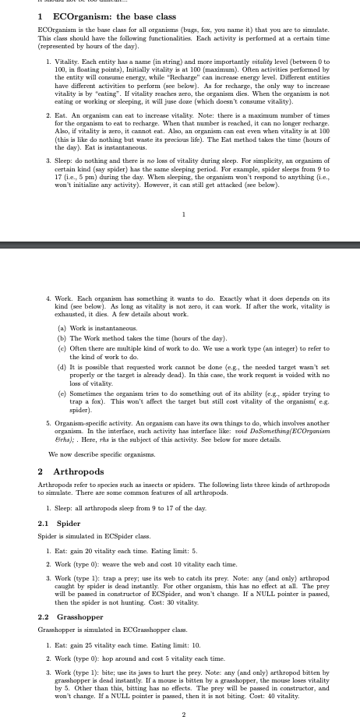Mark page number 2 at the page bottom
pos(183,714)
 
